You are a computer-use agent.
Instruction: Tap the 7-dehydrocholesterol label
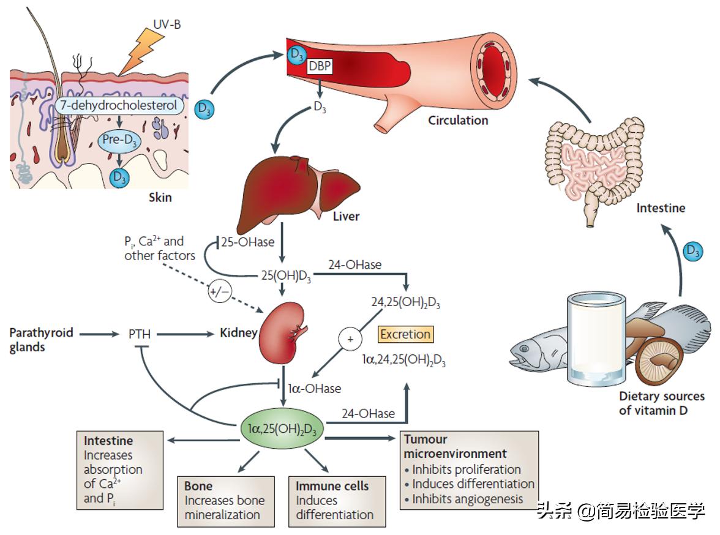click(x=119, y=105)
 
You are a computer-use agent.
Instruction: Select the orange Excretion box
click(x=405, y=334)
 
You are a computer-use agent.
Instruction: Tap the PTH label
click(x=140, y=335)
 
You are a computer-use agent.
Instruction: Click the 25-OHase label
click(x=247, y=242)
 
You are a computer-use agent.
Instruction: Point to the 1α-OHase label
click(x=315, y=388)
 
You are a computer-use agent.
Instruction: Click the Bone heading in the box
click(x=198, y=486)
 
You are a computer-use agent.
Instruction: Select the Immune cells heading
click(x=332, y=486)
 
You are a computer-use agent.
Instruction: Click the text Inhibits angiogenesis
click(x=467, y=499)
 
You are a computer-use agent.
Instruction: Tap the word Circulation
click(x=458, y=120)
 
